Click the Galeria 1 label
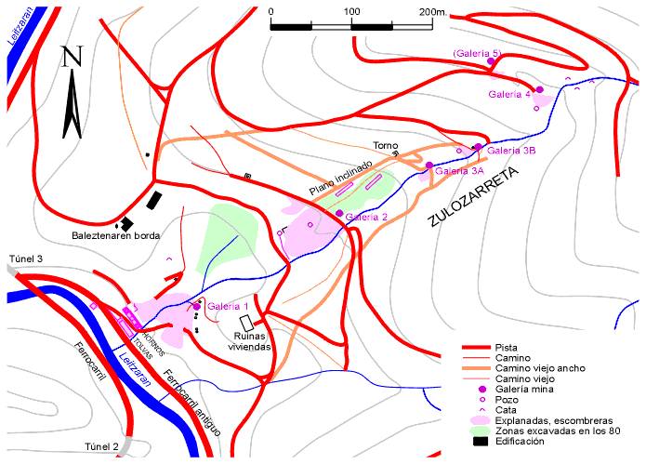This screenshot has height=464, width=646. click(228, 306)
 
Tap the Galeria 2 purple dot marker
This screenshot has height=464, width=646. click(339, 213)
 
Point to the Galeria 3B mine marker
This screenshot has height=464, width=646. click(478, 147)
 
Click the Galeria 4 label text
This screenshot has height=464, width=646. click(509, 94)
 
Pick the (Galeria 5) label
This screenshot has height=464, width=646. click(478, 54)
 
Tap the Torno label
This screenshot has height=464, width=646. click(385, 146)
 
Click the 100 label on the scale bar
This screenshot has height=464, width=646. click(352, 11)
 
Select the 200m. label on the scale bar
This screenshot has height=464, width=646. click(433, 11)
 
